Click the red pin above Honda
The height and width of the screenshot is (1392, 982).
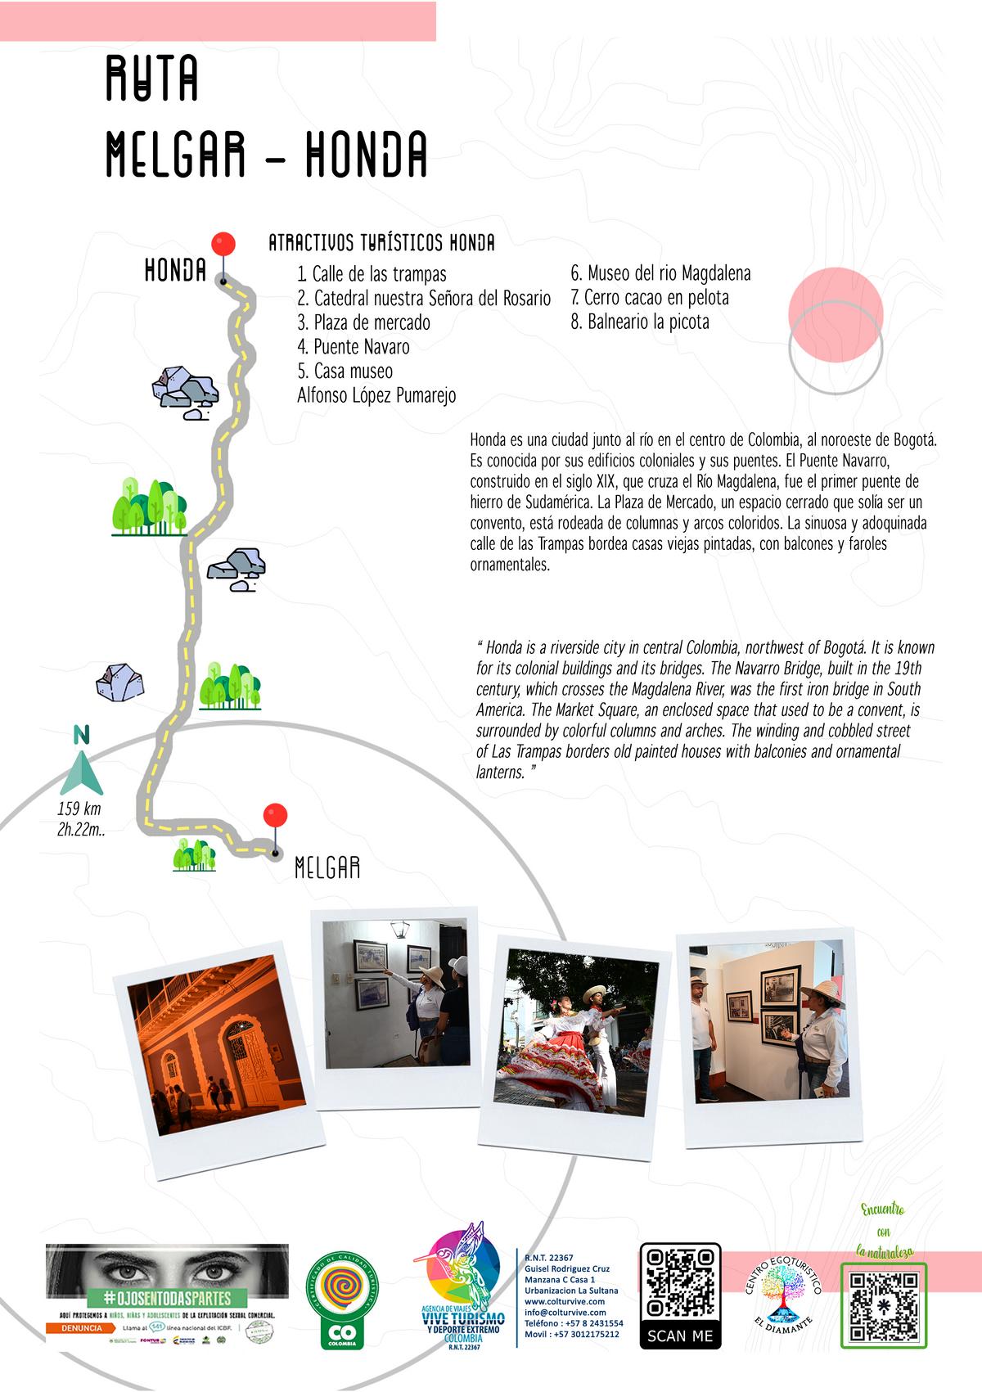[223, 244]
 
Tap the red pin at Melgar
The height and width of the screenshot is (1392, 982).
[276, 816]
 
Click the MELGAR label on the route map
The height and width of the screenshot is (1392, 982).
[327, 868]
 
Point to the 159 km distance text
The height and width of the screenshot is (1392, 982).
[79, 810]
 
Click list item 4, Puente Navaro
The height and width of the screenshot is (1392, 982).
[354, 347]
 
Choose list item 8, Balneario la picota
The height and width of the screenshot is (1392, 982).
[640, 322]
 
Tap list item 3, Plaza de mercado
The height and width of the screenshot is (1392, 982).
[363, 322]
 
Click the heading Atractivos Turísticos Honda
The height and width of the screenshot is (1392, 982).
[381, 243]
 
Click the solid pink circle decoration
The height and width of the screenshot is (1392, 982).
[836, 313]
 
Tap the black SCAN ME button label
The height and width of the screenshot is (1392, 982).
[680, 1336]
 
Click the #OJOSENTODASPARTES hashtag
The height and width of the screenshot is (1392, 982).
[168, 1299]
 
